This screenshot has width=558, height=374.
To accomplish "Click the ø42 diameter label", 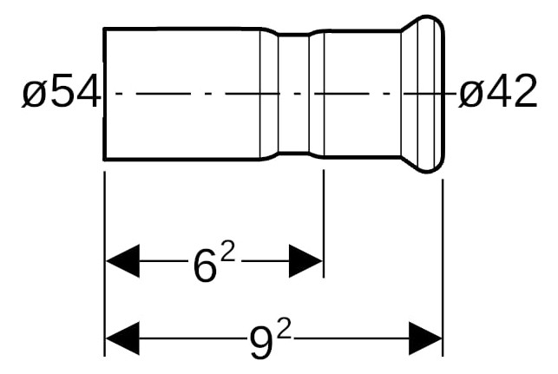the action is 497,91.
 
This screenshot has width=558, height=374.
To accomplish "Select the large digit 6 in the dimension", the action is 205,266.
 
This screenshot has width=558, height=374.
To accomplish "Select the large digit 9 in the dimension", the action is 261,343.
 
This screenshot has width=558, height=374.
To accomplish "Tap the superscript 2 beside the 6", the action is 227,253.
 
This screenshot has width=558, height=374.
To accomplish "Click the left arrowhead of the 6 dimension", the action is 122,261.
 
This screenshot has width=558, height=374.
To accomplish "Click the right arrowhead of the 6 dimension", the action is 305,261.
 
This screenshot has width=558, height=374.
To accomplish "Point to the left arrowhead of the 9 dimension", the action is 122,338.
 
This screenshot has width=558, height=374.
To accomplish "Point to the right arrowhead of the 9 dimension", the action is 425,338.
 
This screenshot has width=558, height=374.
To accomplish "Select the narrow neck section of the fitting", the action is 293,94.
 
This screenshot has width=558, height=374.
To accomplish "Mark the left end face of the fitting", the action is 104,94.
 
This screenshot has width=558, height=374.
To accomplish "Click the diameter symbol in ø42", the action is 471,95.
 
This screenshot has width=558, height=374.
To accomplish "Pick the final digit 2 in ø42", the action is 524,91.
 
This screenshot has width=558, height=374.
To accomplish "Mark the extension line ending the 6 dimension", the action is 324,224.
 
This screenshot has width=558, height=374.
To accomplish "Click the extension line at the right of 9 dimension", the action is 443,267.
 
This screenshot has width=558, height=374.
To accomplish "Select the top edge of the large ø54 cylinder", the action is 182,29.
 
